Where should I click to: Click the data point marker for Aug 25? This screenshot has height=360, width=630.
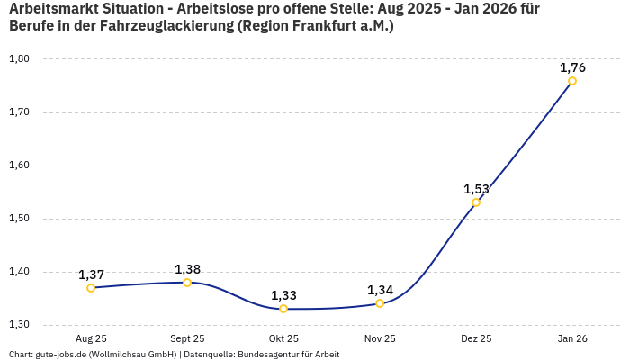coord(91,288)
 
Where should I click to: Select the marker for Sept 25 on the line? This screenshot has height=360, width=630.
coord(187,283)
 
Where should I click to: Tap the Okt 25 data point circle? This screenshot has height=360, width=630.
coord(283,309)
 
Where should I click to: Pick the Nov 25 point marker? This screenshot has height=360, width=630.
coord(380,303)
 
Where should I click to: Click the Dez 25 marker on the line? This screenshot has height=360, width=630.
coord(476,202)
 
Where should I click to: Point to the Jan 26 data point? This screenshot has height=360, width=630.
coord(572,81)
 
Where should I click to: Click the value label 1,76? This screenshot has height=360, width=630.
coord(572,67)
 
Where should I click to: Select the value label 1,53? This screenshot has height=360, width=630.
coord(476,189)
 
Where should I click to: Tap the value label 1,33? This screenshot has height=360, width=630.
coord(283,295)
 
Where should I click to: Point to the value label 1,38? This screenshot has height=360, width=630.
coord(187,269)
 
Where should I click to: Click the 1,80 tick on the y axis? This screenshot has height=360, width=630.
coord(19,59)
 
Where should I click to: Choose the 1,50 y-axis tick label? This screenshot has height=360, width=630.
coord(19,219)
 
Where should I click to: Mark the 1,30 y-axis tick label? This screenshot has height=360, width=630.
coord(19,325)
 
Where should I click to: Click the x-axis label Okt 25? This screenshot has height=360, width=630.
coord(283,339)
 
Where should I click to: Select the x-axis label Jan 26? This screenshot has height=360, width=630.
coord(572,339)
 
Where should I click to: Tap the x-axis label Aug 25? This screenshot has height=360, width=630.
coord(91,339)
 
